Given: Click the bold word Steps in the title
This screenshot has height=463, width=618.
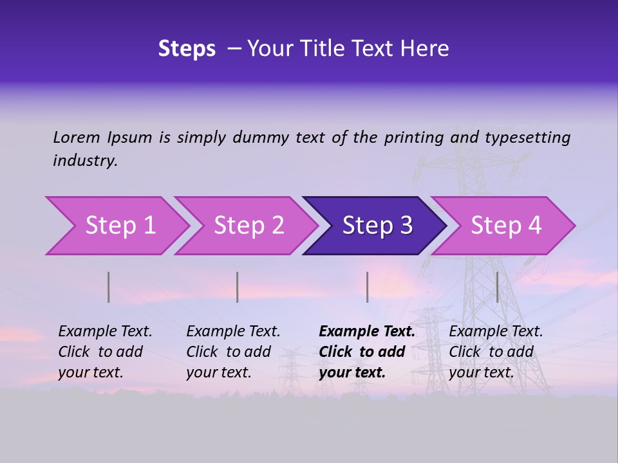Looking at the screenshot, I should coord(187,49).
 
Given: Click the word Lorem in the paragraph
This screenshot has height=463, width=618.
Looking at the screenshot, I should coord(77,137).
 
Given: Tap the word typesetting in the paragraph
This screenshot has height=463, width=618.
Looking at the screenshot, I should coord(527,137).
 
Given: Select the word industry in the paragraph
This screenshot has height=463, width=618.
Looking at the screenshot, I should coord(85,160).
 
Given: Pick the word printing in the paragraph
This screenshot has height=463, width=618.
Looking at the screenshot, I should coord(412,137).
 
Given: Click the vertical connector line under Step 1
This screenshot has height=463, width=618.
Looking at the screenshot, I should coord(109,287).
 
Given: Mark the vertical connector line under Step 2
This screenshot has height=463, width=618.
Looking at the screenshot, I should coord(238,287).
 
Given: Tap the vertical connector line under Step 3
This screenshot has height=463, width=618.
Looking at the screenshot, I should coord(367,287).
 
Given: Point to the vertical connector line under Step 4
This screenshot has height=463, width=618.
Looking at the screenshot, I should coord(497,287).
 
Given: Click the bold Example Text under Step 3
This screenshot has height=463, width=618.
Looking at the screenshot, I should coord(367,332).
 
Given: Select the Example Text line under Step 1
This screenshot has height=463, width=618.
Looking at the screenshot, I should coord(105,332).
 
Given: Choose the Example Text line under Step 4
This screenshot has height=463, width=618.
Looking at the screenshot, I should coord(496,332).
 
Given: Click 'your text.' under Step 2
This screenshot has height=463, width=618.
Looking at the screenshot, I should coord(218,372).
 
